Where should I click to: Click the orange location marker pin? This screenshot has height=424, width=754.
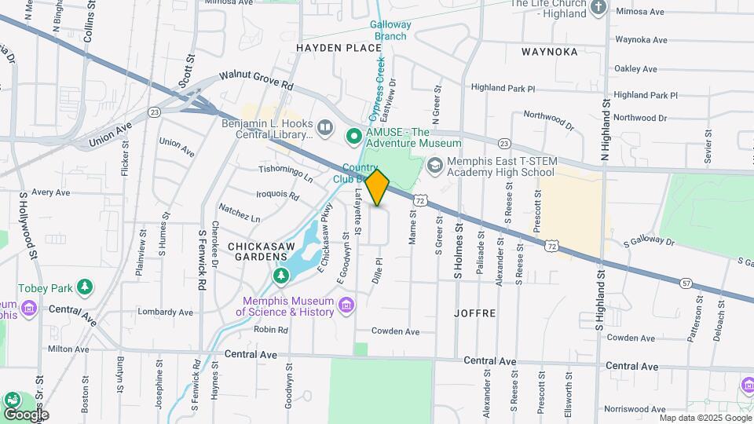pos(378,187)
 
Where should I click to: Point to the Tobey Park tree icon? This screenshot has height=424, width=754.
pos(84,288)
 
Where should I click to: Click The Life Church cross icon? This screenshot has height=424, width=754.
pos(598,8)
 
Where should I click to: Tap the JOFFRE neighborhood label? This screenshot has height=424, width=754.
pos(474,313)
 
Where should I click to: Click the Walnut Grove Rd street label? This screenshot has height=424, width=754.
pos(256,79)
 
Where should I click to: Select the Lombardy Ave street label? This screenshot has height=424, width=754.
pos(165,312)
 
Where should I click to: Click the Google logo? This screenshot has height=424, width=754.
pos(25,414)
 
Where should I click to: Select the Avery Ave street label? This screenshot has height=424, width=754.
pos(51,192)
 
